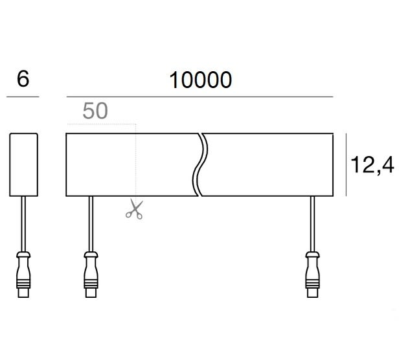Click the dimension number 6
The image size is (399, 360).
pyautogui.click(x=23, y=79)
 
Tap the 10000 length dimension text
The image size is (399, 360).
pyautogui.click(x=201, y=80)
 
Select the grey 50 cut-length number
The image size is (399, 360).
pyautogui.click(x=95, y=111)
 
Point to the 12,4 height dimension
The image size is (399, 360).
pyautogui.click(x=372, y=165)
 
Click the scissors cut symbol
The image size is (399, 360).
pyautogui.click(x=134, y=209)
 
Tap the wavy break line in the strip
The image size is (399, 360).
pyautogui.click(x=200, y=164)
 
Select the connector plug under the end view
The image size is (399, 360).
pyautogui.click(x=23, y=275)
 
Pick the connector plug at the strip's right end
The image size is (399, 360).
pyautogui.click(x=312, y=275)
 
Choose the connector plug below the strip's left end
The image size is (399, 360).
pyautogui.click(x=91, y=275)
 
